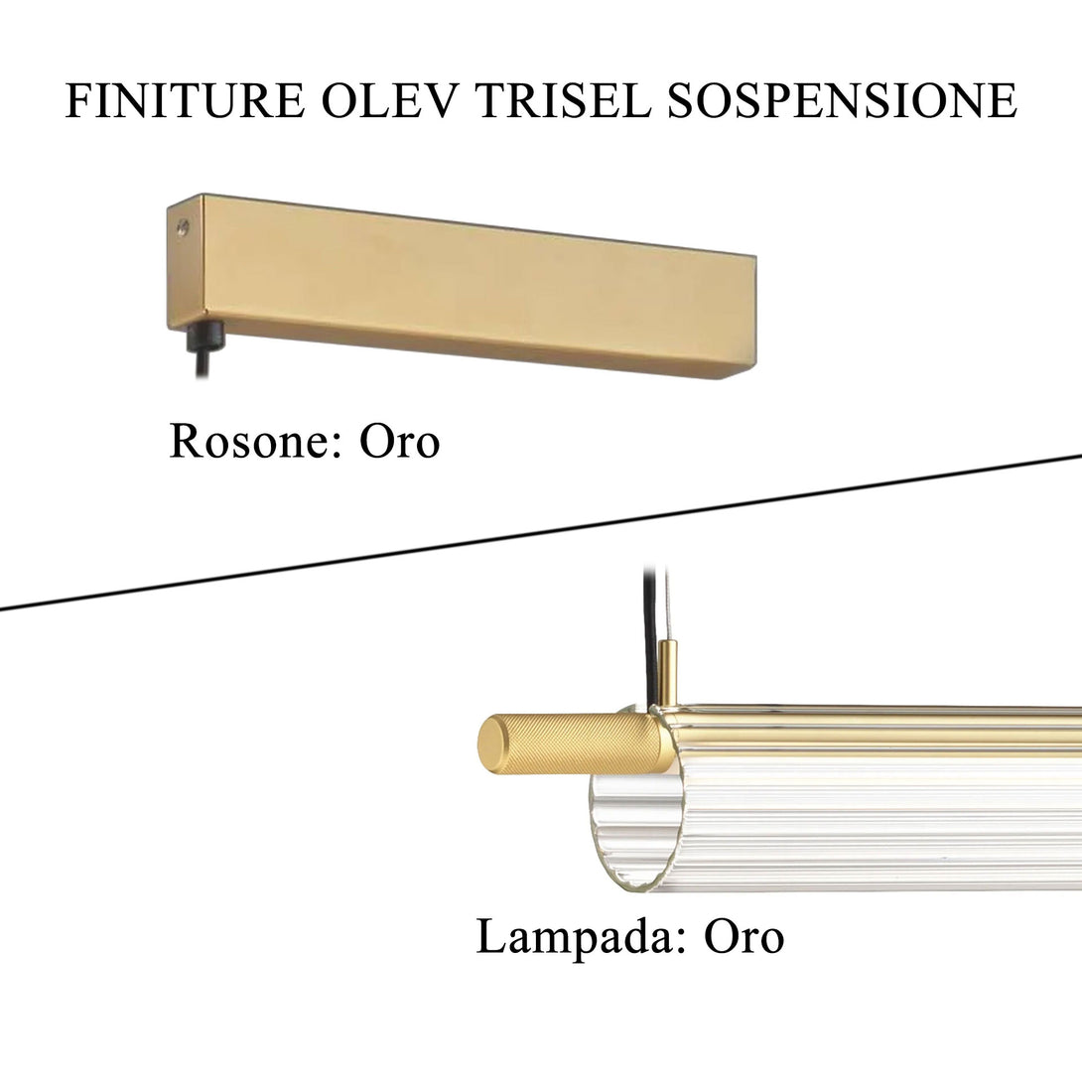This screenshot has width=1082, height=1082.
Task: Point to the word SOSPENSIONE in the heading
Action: click(x=842, y=101)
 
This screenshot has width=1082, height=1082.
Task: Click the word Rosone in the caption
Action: click(x=248, y=442)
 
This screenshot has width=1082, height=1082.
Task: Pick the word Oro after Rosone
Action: click(x=399, y=442)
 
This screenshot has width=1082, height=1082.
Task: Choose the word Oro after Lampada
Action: click(x=744, y=937)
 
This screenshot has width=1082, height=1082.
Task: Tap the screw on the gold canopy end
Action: click(x=182, y=228)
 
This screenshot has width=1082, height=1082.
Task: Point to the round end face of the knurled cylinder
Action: click(x=493, y=742)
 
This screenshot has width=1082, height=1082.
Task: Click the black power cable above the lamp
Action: click(x=650, y=625)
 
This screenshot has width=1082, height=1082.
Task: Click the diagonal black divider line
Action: click(x=541, y=533)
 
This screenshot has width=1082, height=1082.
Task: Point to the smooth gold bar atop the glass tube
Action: click(x=874, y=730)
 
